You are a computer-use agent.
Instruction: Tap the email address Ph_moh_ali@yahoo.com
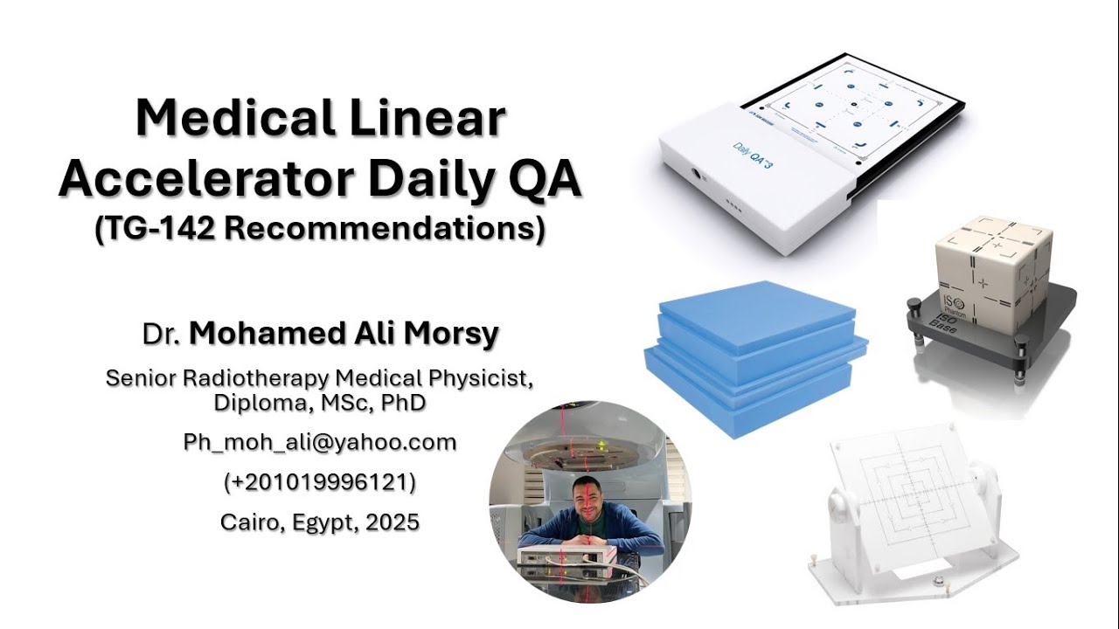320,442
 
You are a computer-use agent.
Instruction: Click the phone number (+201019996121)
319,482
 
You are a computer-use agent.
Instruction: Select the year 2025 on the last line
393,522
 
